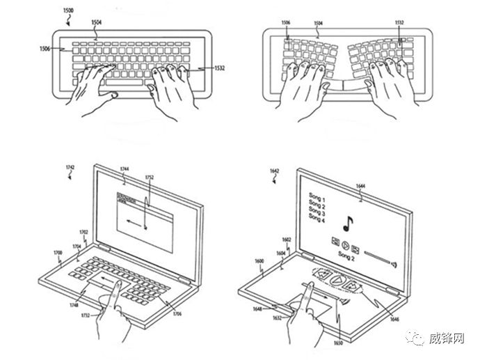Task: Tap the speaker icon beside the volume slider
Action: (x=394, y=263)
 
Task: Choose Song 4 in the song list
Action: (x=317, y=221)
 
